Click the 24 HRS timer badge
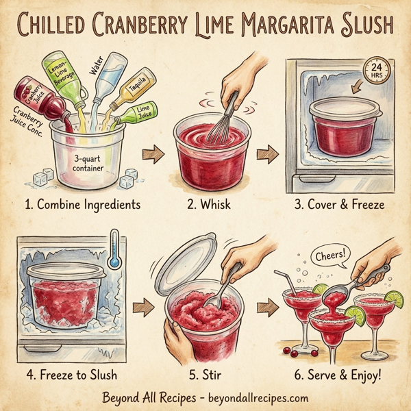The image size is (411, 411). click(375, 71)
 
